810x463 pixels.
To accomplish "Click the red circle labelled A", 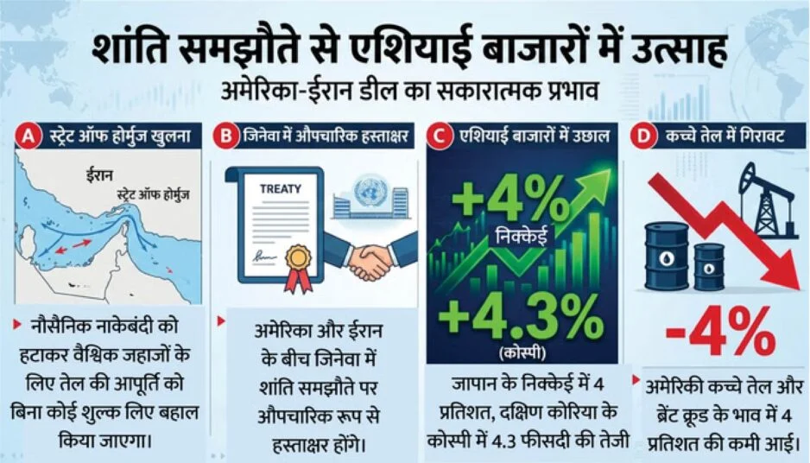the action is (28, 136).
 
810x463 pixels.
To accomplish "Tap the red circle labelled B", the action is (226, 136).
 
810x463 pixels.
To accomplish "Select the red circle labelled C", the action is (439, 136).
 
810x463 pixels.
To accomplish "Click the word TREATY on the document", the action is (281, 189).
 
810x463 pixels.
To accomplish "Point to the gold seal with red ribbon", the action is (299, 268).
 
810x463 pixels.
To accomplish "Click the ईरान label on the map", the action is (99, 174).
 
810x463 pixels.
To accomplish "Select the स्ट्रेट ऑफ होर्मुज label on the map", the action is (153, 195).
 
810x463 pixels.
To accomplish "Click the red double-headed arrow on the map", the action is (73, 246).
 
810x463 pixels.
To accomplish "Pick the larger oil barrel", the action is (667, 256).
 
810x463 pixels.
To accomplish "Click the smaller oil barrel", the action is (709, 267).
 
